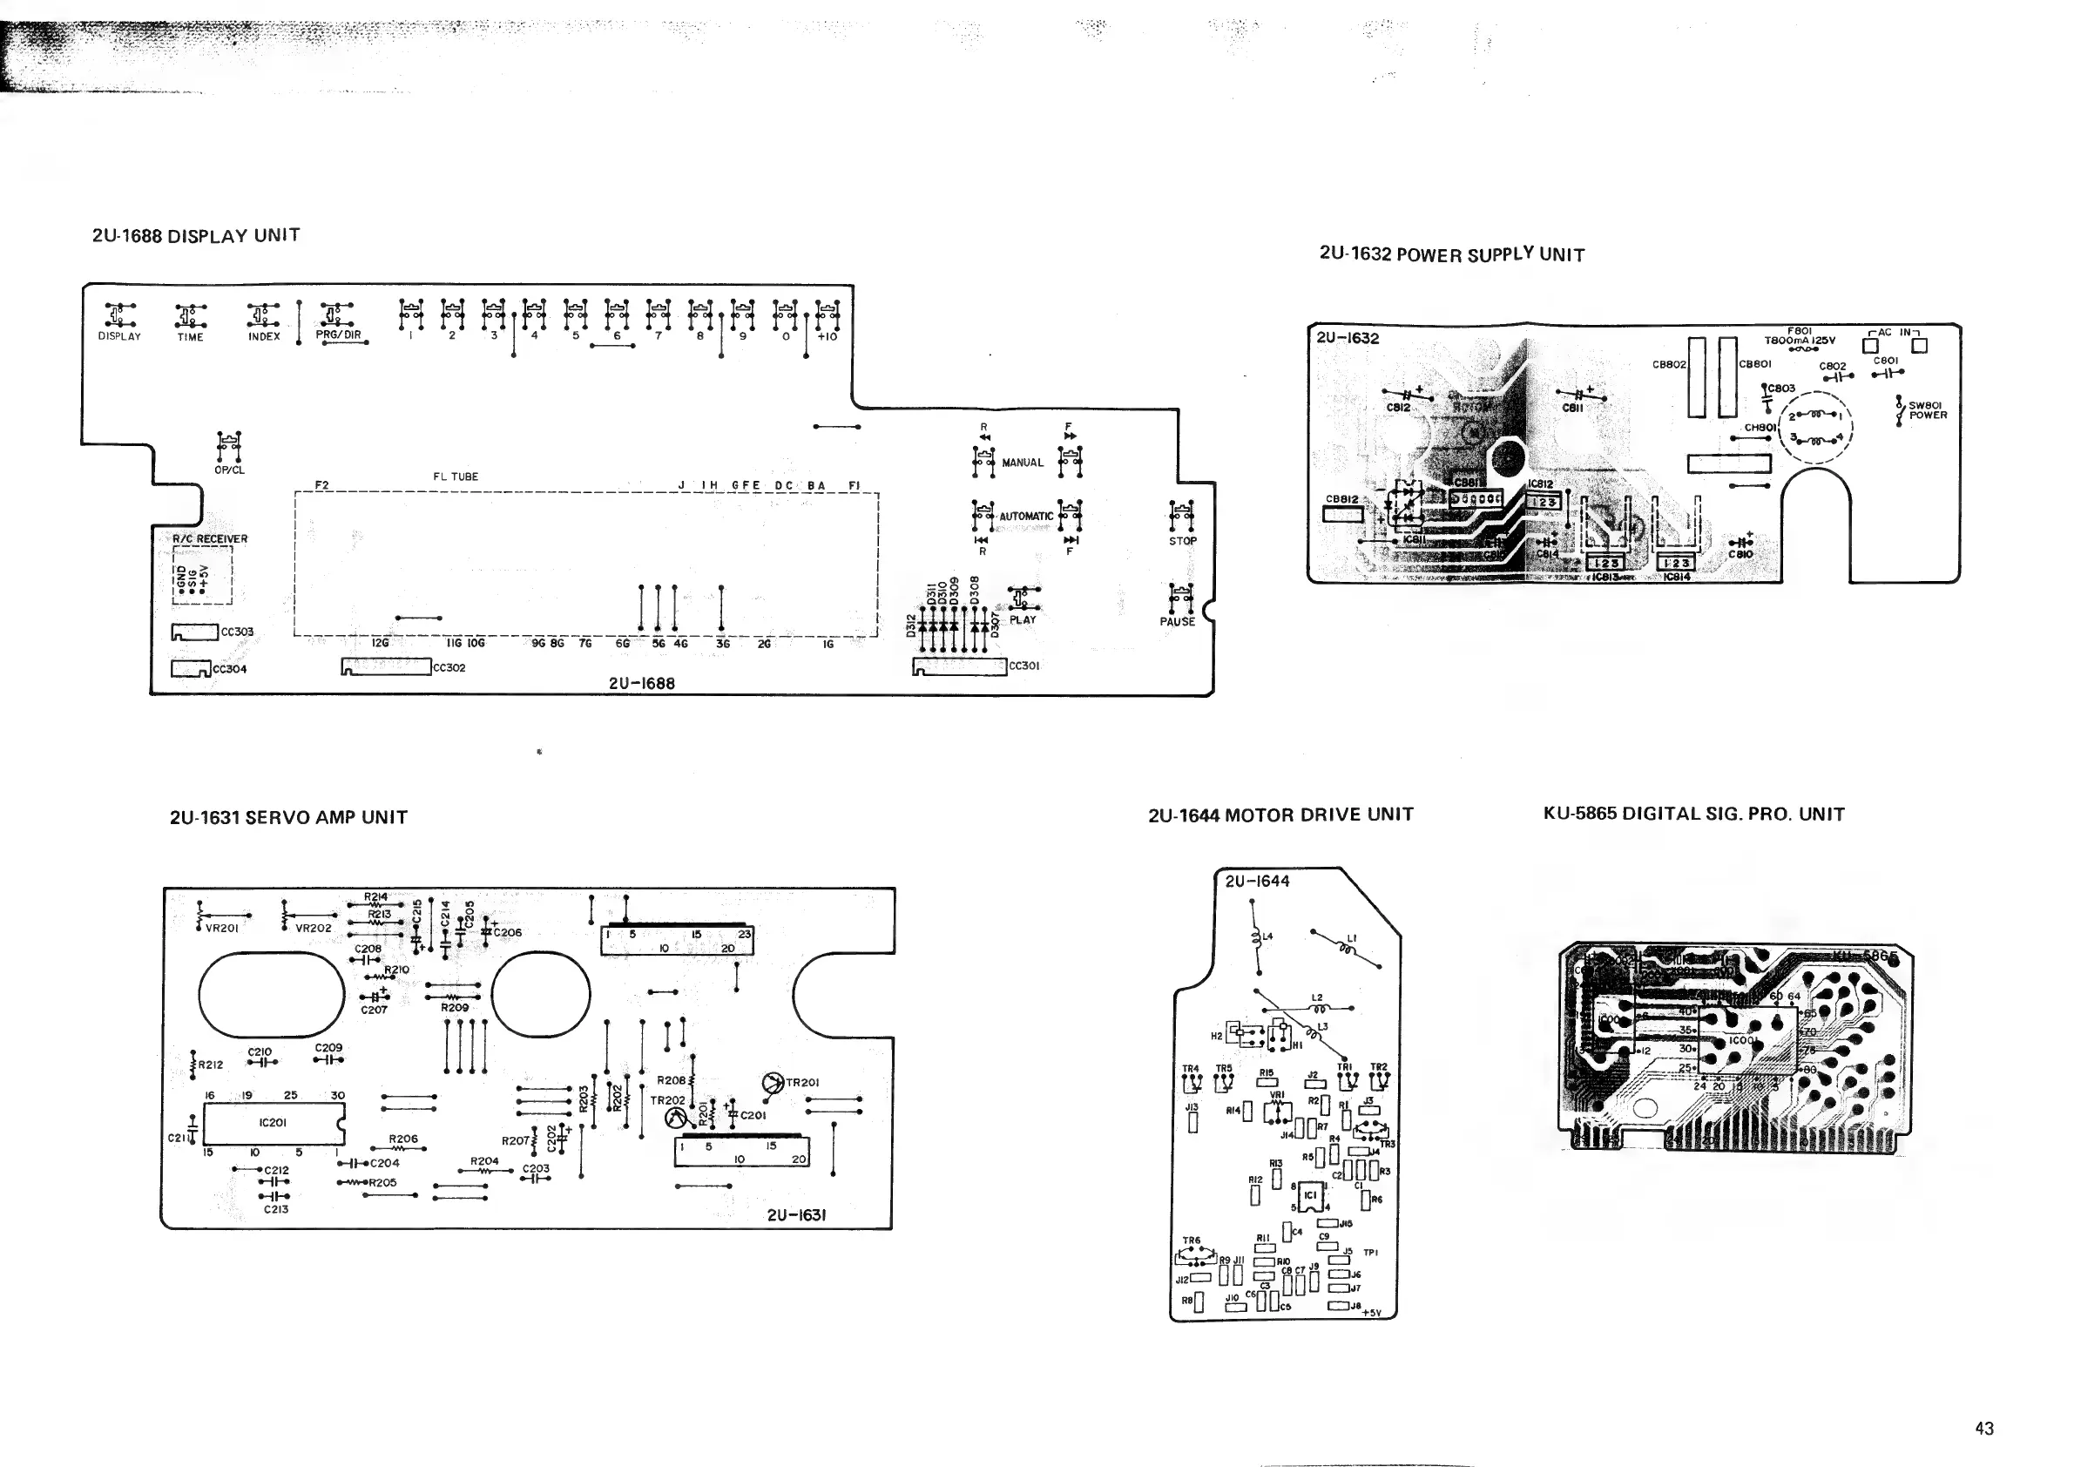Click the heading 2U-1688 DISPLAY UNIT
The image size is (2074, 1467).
[196, 236]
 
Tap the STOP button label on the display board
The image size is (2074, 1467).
[1182, 541]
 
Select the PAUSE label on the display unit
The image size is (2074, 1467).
[1177, 621]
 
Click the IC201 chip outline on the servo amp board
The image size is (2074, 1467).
[273, 1123]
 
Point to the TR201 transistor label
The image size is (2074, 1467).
[802, 1082]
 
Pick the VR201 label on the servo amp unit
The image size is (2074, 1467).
[221, 928]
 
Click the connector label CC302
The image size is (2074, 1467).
[449, 667]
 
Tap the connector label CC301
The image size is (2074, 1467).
[1024, 666]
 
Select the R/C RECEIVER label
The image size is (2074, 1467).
[210, 539]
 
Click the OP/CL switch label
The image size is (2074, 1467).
[229, 470]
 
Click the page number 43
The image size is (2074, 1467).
[1983, 1428]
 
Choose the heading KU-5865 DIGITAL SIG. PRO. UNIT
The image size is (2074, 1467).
[1693, 814]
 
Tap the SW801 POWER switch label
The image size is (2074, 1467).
[1927, 410]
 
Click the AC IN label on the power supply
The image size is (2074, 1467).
[1895, 333]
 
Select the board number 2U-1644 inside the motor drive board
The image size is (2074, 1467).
[1258, 881]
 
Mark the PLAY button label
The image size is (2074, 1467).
[1023, 619]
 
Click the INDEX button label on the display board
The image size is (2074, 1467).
[264, 336]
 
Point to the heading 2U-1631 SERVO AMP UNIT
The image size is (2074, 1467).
[288, 817]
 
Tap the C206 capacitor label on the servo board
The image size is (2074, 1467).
[508, 932]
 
